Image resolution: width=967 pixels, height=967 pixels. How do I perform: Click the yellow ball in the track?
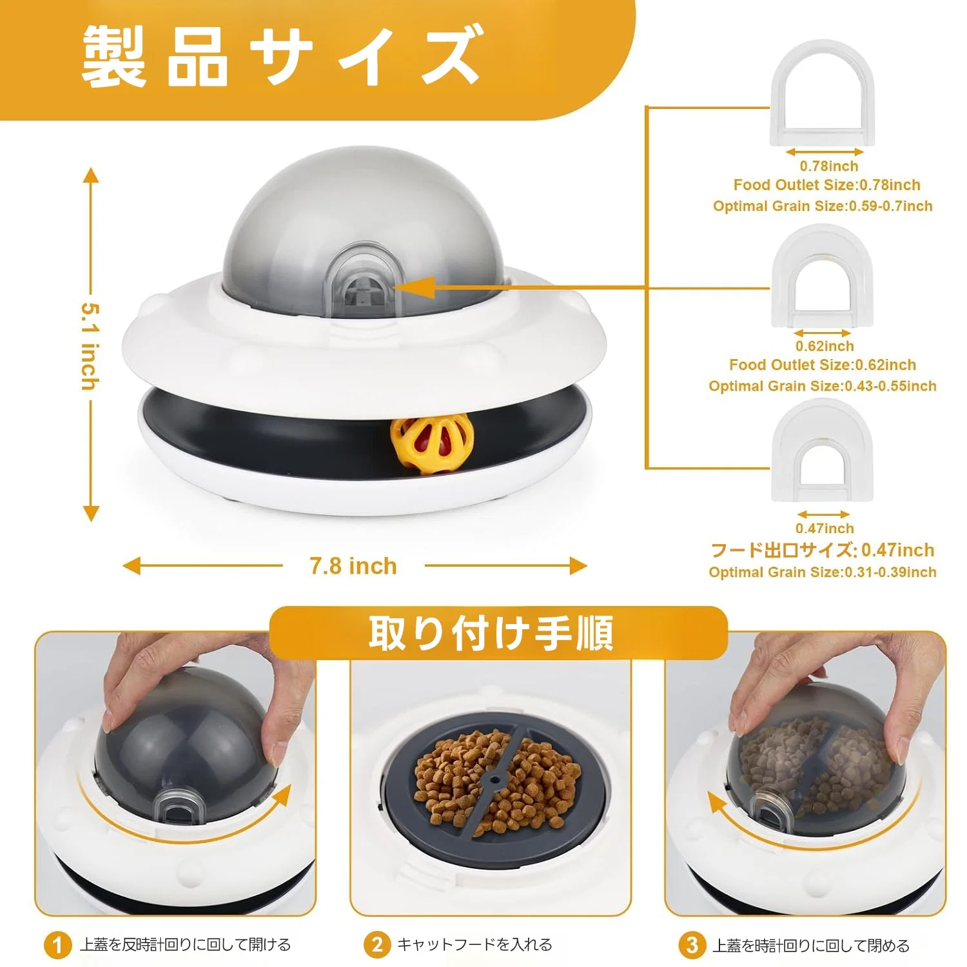[x=431, y=444]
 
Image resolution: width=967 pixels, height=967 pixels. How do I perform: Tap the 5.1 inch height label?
[x=90, y=346]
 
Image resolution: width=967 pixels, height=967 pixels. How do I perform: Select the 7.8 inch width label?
[x=353, y=566]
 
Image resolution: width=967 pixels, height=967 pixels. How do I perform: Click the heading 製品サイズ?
[x=282, y=56]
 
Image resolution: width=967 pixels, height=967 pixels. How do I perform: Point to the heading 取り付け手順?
[x=491, y=633]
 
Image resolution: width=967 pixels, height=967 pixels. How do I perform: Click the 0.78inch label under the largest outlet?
[x=828, y=166]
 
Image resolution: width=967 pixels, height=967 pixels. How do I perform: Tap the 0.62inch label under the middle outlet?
[x=825, y=346]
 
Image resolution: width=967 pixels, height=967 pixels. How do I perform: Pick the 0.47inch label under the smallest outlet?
[x=825, y=529]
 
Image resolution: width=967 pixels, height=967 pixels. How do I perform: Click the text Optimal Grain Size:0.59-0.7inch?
[x=823, y=206]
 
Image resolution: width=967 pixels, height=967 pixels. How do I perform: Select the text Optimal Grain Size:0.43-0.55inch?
[x=823, y=386]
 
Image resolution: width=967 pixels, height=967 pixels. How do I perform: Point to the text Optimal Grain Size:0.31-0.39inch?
[x=823, y=572]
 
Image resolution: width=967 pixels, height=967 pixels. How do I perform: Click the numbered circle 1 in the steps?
[x=57, y=946]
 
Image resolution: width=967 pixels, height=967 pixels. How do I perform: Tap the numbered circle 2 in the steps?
[x=377, y=945]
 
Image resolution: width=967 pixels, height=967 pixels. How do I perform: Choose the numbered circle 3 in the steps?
[x=692, y=946]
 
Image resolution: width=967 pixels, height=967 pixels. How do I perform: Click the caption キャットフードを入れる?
[x=474, y=945]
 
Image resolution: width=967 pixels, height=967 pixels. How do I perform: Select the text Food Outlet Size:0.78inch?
[x=826, y=185]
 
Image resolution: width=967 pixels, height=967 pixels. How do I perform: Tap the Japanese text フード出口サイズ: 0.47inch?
[x=822, y=550]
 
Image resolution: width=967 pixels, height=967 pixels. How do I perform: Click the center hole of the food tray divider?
[x=495, y=779]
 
